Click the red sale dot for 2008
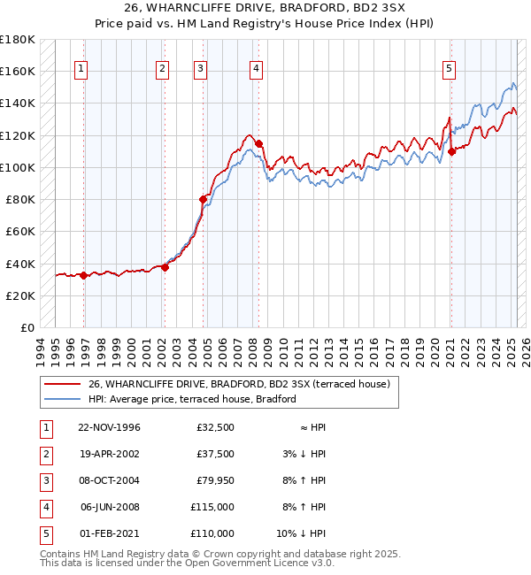pos(258,143)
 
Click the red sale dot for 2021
pos(451,151)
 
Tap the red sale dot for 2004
pos(203,200)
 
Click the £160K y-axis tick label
pos(18,71)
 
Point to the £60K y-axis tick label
pos(20,231)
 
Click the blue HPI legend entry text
pos(192,399)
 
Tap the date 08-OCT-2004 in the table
pos(109,480)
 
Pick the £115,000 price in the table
pos(213,507)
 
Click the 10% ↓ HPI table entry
pos(301,533)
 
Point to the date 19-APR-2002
pos(109,454)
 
